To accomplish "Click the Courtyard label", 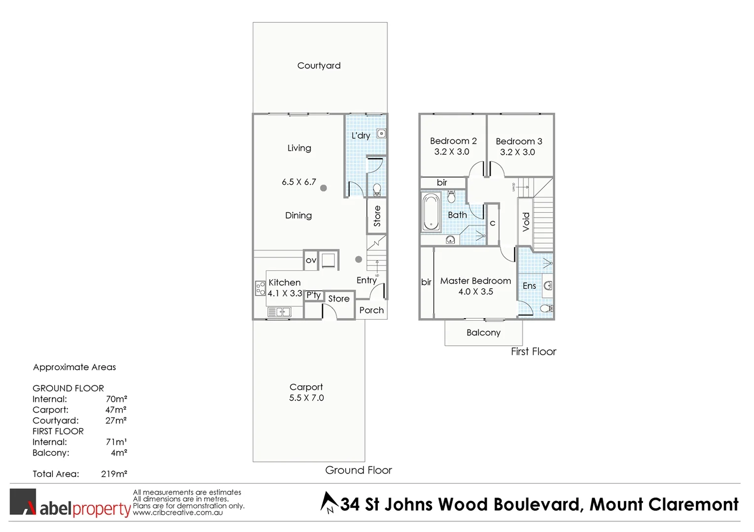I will pyautogui.click(x=319, y=66).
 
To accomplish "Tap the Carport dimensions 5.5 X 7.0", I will pyautogui.click(x=306, y=398).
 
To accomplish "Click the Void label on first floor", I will pyautogui.click(x=526, y=222).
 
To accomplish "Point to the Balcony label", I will pyautogui.click(x=483, y=332).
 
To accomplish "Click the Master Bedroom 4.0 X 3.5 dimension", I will pyautogui.click(x=475, y=292).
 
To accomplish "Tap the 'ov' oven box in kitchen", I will pyautogui.click(x=311, y=260).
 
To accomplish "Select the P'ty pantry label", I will pyautogui.click(x=314, y=295).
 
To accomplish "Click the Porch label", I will pyautogui.click(x=371, y=310).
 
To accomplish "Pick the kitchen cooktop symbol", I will pyautogui.click(x=260, y=288).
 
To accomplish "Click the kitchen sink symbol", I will pyautogui.click(x=279, y=312).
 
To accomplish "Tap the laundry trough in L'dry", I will pyautogui.click(x=381, y=133).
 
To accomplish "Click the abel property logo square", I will pyautogui.click(x=23, y=502).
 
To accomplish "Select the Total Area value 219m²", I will pyautogui.click(x=114, y=474).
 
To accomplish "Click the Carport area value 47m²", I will pyautogui.click(x=116, y=410).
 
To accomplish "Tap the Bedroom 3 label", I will pyautogui.click(x=519, y=141).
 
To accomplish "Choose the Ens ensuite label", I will pyautogui.click(x=529, y=286).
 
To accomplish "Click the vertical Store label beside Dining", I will pyautogui.click(x=377, y=216).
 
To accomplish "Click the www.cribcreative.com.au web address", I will pyautogui.click(x=178, y=513).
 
